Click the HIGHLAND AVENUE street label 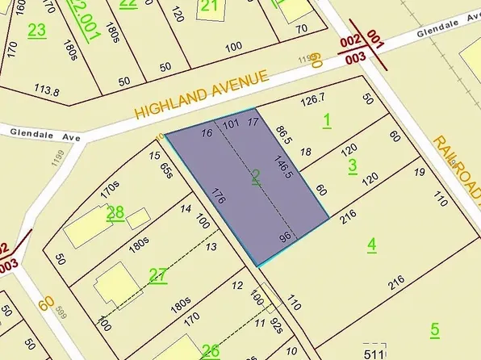(201, 94)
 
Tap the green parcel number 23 (37, 31)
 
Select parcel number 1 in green (327, 121)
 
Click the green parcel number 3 (352, 165)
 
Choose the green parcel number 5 (434, 329)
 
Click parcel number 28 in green (115, 213)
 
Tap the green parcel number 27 (157, 275)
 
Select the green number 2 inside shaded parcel (256, 178)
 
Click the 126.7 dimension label (312, 102)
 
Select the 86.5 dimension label (282, 132)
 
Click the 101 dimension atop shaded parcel (231, 124)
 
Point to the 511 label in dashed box (373, 353)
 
